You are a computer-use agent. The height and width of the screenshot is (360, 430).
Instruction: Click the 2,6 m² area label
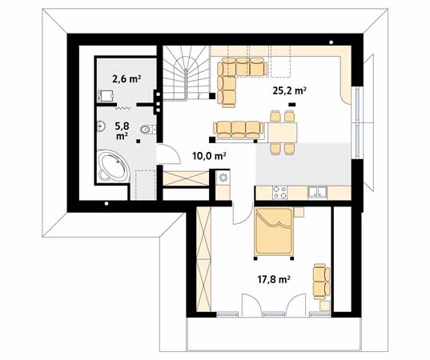point(127,79)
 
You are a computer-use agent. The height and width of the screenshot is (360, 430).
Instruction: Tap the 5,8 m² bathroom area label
point(122,131)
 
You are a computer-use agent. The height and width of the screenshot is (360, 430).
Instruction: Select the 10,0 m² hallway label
point(209,156)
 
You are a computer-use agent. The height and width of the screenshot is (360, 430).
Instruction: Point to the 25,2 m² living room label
point(289,90)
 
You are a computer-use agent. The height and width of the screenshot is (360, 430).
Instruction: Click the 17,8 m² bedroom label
point(274,279)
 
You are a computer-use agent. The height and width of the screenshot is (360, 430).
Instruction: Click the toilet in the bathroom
point(147,130)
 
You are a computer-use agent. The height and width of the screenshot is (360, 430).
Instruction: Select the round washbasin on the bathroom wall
point(101,126)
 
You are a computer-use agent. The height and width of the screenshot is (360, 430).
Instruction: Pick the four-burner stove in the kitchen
point(280,192)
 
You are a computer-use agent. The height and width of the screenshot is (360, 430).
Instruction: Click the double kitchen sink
point(317,192)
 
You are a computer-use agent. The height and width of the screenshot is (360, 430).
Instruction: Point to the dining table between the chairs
point(282,133)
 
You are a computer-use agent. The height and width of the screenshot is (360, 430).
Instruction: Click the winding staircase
point(187,73)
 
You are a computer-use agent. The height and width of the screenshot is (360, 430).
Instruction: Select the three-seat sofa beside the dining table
point(238,130)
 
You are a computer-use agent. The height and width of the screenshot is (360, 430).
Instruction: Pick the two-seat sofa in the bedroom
point(321,282)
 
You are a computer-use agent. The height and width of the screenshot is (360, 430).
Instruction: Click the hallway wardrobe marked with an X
point(186,178)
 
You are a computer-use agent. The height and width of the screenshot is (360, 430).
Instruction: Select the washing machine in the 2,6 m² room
point(106,96)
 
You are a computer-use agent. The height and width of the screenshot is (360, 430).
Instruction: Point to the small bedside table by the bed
point(299,212)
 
